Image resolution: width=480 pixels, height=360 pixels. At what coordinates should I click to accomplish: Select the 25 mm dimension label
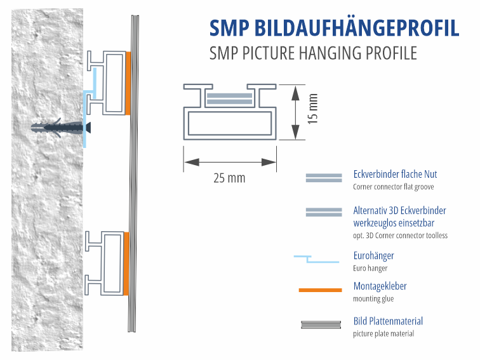click(x=229, y=178)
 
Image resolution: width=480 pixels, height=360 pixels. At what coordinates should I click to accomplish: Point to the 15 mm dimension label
click(x=312, y=109)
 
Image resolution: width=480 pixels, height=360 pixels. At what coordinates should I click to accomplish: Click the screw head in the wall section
click(x=86, y=126)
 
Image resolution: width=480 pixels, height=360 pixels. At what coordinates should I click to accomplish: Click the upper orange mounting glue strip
click(x=128, y=83)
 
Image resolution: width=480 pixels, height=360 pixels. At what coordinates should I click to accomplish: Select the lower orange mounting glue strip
click(x=126, y=263)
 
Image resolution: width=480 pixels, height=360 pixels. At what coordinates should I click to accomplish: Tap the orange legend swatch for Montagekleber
click(x=320, y=290)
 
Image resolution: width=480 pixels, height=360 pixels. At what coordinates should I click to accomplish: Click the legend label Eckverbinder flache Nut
click(x=395, y=174)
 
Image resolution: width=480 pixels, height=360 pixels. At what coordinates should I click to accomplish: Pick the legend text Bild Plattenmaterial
click(x=388, y=321)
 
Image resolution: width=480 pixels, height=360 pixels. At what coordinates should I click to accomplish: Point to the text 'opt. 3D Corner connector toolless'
click(x=400, y=236)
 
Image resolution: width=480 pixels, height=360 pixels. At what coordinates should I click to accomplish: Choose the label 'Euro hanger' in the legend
click(x=370, y=268)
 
